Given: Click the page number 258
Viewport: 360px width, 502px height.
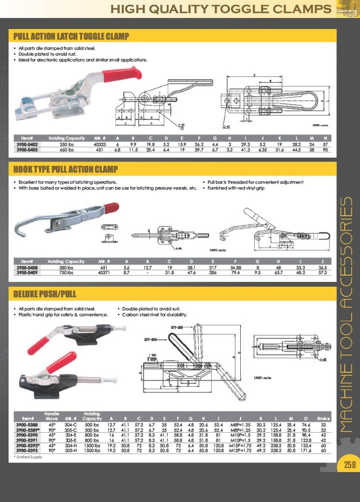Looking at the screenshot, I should (349, 465).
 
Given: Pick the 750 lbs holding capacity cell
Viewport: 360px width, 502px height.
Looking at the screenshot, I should (66, 273).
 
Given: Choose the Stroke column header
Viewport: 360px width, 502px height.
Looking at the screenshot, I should (324, 418).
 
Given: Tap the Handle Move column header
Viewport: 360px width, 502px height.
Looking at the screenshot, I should (52, 416).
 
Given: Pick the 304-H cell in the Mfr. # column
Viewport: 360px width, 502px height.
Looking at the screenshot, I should (71, 445).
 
